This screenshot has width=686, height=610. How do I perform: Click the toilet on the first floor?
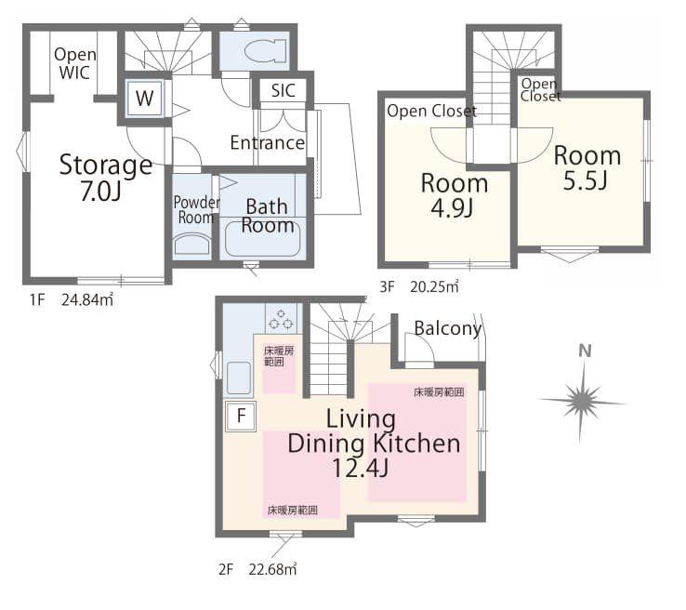[266, 51]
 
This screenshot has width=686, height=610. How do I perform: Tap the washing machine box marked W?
[144, 98]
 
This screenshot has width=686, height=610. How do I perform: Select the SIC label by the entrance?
[283, 90]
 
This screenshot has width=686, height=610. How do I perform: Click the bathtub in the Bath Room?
[262, 238]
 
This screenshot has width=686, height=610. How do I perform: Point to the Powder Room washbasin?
[192, 245]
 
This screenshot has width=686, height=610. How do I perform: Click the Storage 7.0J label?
[105, 178]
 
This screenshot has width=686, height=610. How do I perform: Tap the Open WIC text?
[74, 63]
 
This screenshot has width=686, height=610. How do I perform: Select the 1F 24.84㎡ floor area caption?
[72, 299]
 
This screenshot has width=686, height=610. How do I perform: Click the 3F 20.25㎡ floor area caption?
[419, 286]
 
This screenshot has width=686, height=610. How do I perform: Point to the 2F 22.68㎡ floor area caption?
[257, 569]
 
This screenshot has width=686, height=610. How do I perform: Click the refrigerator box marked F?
[241, 416]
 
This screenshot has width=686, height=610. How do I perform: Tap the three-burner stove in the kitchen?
[281, 319]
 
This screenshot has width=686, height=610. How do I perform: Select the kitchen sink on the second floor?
[239, 378]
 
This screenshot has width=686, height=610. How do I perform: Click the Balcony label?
[447, 328]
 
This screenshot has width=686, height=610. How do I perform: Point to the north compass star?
[582, 401]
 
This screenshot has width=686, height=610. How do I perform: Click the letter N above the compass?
[585, 351]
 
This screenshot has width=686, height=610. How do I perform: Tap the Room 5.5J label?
[587, 168]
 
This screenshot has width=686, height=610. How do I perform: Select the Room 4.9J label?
[455, 195]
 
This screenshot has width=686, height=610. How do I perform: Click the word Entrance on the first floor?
[268, 142]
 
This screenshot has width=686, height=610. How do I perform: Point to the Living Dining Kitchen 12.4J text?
[374, 444]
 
